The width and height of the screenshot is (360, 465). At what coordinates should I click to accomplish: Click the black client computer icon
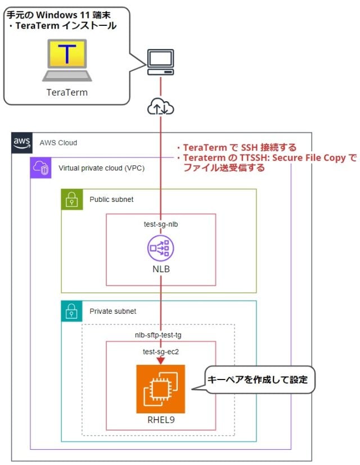pyautogui.click(x=160, y=62)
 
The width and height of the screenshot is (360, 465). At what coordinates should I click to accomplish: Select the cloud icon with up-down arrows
pyautogui.click(x=160, y=107)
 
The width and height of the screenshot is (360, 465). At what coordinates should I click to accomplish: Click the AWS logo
pyautogui.click(x=22, y=143)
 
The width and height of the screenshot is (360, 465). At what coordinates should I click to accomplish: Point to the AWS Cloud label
pyautogui.click(x=58, y=143)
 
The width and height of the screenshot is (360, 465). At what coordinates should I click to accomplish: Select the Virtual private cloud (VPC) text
pyautogui.click(x=101, y=168)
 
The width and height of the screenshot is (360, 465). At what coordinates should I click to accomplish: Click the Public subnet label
pyautogui.click(x=111, y=200)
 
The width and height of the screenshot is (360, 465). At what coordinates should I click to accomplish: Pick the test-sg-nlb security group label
pyautogui.click(x=161, y=224)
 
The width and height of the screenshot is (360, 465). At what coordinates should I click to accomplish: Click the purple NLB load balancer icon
pyautogui.click(x=161, y=248)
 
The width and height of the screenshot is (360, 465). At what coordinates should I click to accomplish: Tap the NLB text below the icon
pyautogui.click(x=161, y=269)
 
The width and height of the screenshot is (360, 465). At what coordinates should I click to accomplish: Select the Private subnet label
pyautogui.click(x=112, y=311)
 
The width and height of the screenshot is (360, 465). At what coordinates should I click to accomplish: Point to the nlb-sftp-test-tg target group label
pyautogui.click(x=158, y=335)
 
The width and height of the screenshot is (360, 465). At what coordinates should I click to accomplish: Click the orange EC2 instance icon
pyautogui.click(x=160, y=389)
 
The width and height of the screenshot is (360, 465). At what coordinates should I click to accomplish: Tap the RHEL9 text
pyautogui.click(x=161, y=419)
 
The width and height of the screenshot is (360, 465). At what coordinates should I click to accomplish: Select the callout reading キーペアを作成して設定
pyautogui.click(x=258, y=380)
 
